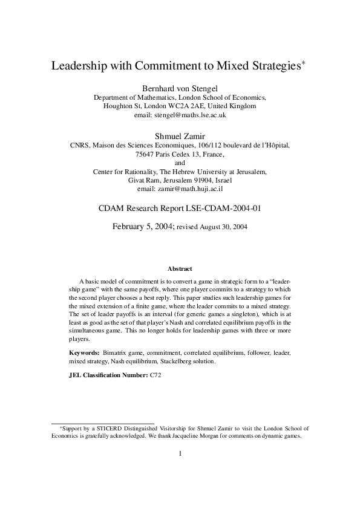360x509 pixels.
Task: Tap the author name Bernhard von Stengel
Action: [180, 86]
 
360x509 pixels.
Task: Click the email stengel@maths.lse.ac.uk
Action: [180, 115]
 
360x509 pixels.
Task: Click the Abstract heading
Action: [180, 268]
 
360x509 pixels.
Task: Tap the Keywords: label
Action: [84, 351]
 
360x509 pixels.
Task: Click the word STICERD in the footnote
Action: [98, 427]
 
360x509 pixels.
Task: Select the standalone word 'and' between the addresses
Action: [180, 163]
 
